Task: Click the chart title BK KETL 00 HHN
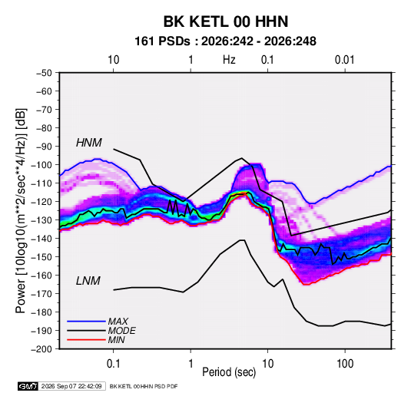(226, 21)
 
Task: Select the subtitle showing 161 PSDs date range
(225, 41)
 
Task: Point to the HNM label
(89, 143)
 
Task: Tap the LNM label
(88, 281)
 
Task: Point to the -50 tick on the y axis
(45, 73)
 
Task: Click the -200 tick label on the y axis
(41, 349)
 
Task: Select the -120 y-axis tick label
(41, 202)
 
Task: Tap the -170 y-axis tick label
(41, 294)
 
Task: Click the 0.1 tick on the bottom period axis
(113, 364)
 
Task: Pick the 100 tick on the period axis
(345, 364)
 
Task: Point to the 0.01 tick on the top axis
(345, 60)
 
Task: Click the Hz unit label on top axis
(229, 60)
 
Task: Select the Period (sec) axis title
(229, 372)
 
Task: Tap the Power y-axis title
(21, 211)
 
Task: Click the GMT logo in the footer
(28, 386)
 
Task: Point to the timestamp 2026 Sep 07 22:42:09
(71, 386)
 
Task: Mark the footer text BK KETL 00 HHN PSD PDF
(144, 386)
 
